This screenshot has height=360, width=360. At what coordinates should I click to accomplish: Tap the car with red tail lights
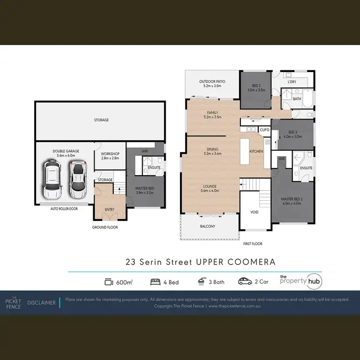pos(77,180)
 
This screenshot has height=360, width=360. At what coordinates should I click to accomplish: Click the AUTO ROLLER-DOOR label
pos(64,209)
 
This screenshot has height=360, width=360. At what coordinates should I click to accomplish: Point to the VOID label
pos(254,211)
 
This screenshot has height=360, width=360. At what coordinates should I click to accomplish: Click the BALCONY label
pos(207,226)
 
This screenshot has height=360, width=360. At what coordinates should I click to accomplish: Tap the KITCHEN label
pos(256,151)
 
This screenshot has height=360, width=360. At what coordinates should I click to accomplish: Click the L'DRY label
pos(292,82)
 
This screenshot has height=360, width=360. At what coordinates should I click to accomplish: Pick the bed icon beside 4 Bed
pos(156,282)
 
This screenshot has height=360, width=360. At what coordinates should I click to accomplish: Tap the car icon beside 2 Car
pos(244,282)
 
